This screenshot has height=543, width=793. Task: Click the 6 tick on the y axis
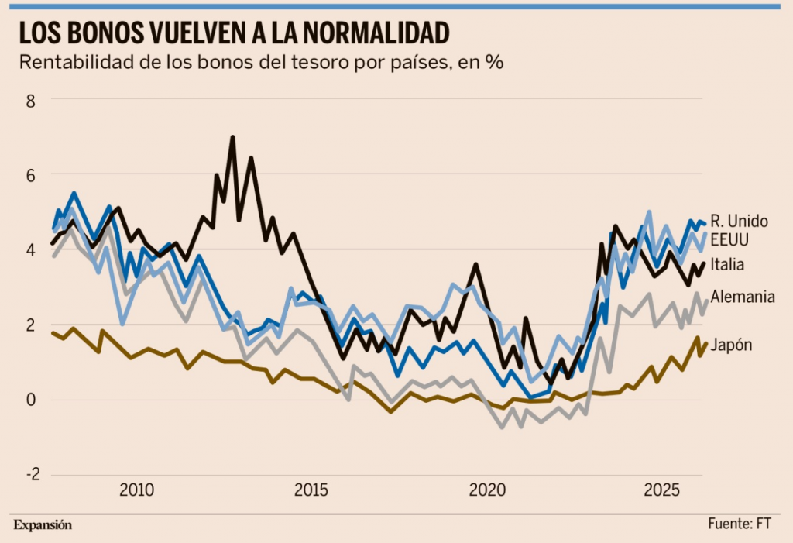coord(33,174)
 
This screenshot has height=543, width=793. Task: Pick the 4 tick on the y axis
coord(33,249)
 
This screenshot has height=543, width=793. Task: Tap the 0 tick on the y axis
coord(33,400)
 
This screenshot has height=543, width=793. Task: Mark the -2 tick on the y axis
coord(29,475)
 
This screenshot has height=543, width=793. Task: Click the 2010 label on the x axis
coord(136,491)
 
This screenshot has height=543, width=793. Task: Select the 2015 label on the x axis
coord(311,491)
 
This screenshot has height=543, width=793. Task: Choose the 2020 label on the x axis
coord(487,491)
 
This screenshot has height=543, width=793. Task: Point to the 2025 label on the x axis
coord(662,491)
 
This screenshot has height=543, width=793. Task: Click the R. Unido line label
coord(739,222)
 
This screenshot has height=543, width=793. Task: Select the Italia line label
coord(727,265)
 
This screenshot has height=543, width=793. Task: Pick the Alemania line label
coord(742,297)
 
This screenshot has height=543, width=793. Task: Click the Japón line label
coord(731,345)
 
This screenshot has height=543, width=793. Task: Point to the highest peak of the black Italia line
coord(233,138)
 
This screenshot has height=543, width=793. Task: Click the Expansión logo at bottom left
coord(43,524)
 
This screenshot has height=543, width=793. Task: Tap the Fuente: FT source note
coord(739,524)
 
